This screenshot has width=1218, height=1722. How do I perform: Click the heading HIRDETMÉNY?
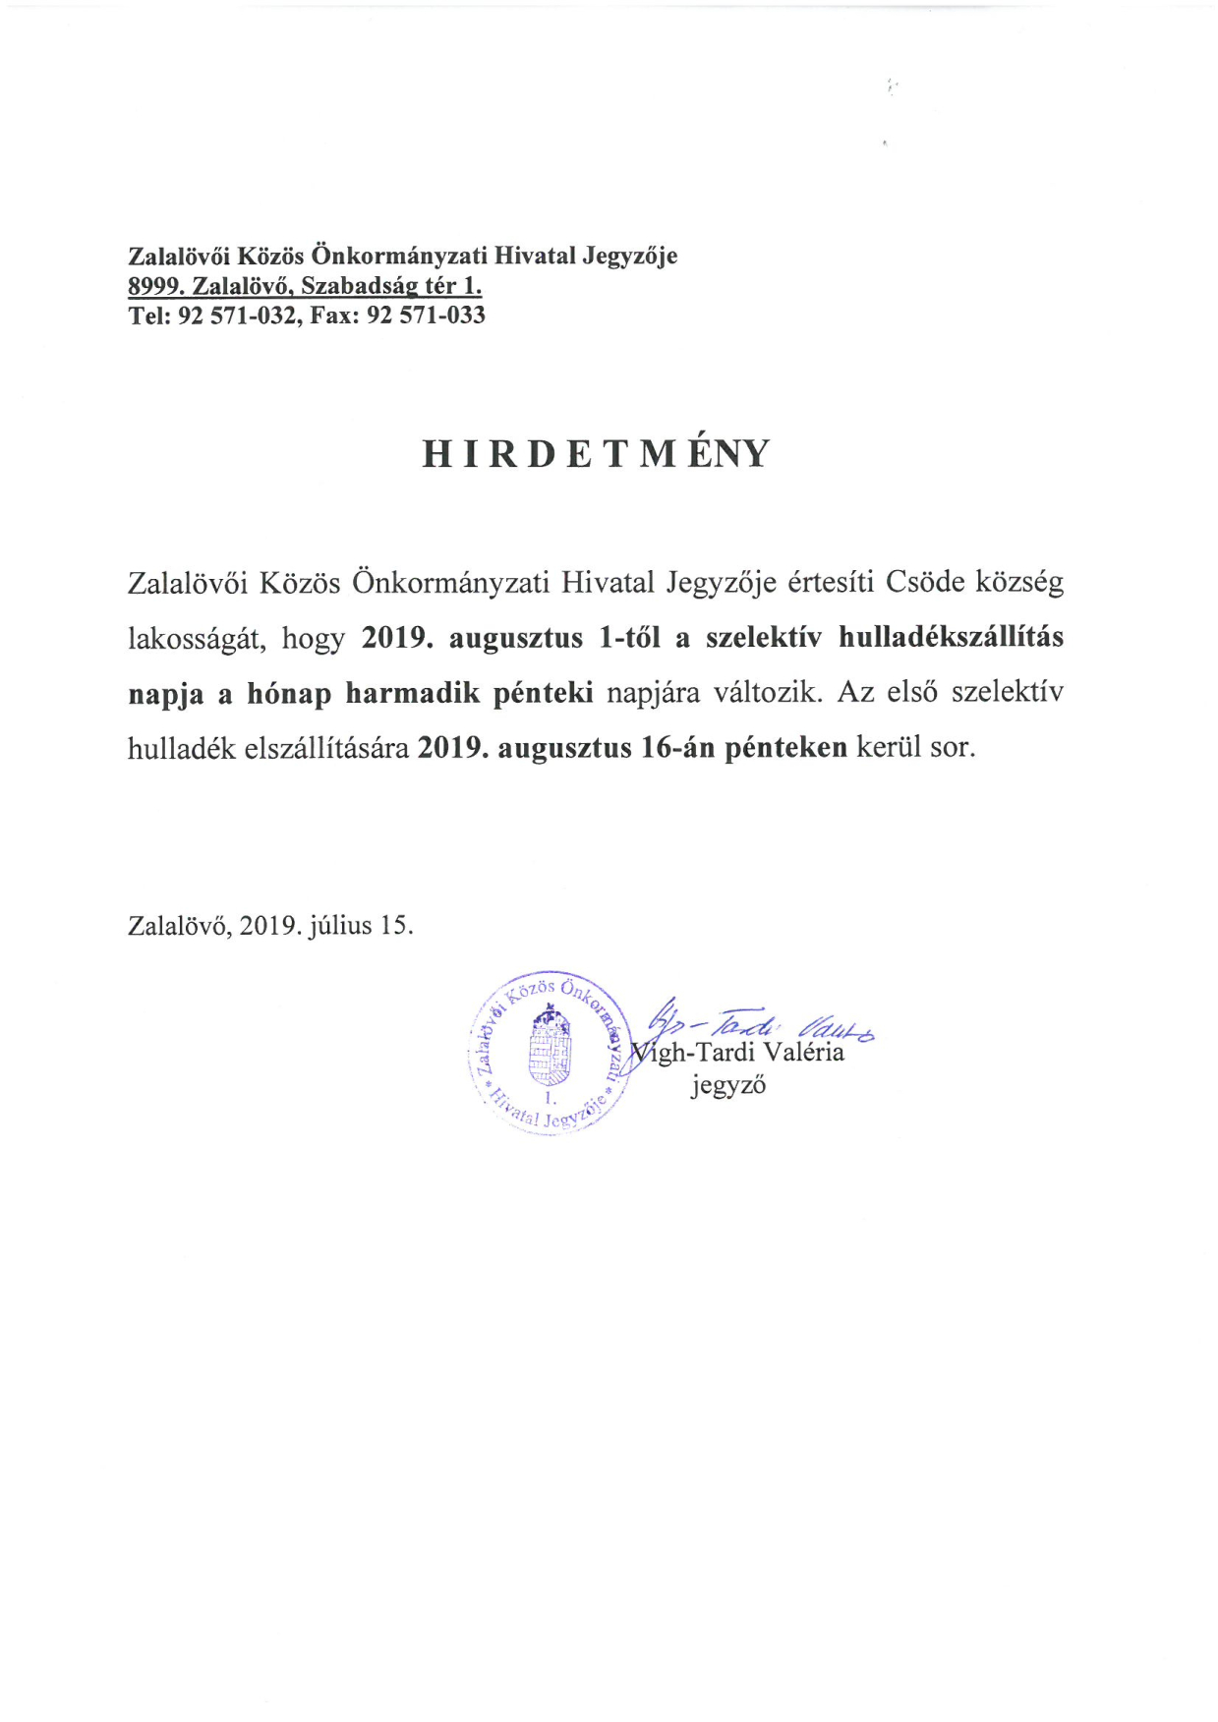tap(596, 454)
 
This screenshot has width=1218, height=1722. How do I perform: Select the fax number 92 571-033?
tap(426, 316)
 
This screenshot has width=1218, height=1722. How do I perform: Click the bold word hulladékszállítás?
tap(951, 637)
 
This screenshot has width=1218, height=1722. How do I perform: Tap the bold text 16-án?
tap(677, 748)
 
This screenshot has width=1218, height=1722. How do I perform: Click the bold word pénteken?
tap(785, 748)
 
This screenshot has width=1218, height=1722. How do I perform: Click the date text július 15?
tap(361, 926)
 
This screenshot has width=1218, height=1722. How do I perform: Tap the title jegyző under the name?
tap(727, 1086)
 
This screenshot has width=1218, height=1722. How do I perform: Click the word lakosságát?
tap(197, 638)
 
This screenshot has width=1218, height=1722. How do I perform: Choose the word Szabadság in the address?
tap(358, 286)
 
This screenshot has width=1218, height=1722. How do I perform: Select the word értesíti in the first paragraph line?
tap(831, 582)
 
